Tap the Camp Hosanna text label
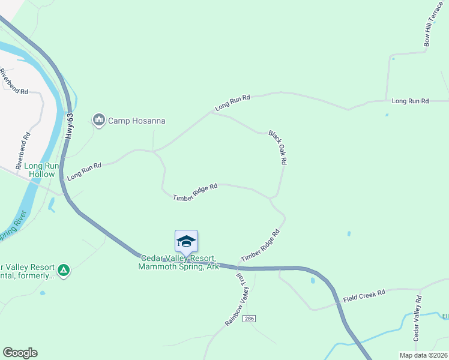(x=136, y=121)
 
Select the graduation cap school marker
(x=186, y=242)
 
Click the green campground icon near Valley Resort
(x=64, y=271)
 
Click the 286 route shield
(x=250, y=319)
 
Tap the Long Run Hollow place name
(x=42, y=170)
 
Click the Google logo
(x=20, y=353)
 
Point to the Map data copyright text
(x=423, y=355)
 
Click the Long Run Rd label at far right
(x=410, y=101)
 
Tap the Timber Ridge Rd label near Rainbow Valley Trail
(x=261, y=246)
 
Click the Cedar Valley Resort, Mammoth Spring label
(x=179, y=262)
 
